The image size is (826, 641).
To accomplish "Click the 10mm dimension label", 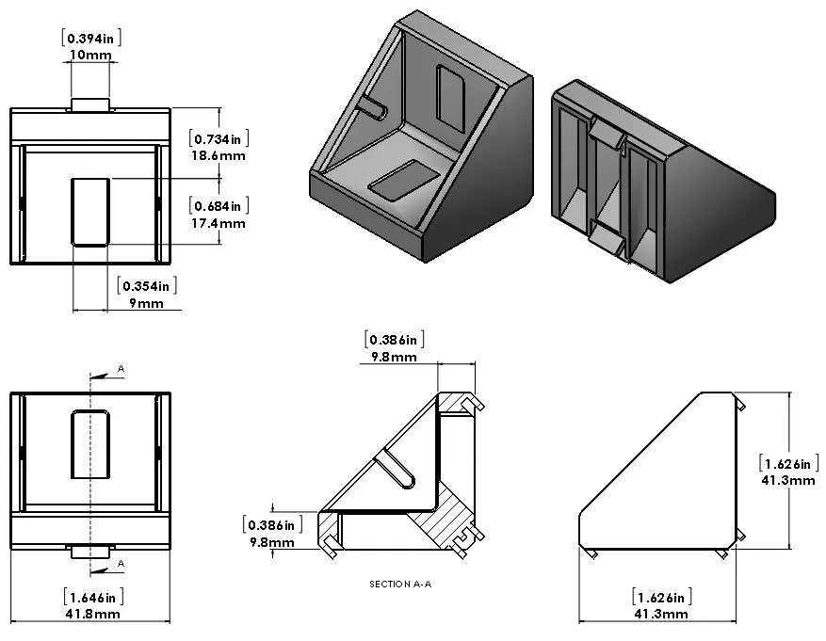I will [x=91, y=56].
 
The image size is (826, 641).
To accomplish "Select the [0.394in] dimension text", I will [x=91, y=38].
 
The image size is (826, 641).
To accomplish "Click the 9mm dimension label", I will [x=147, y=303].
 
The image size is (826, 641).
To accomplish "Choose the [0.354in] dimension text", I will [x=147, y=285].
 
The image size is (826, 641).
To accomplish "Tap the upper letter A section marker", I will [x=121, y=367].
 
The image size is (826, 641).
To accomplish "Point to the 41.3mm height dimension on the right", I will [x=787, y=480].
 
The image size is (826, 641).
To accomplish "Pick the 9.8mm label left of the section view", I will [x=271, y=541].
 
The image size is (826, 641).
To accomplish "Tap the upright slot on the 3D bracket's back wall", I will [x=452, y=94].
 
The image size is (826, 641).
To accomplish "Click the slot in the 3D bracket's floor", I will [x=403, y=179].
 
